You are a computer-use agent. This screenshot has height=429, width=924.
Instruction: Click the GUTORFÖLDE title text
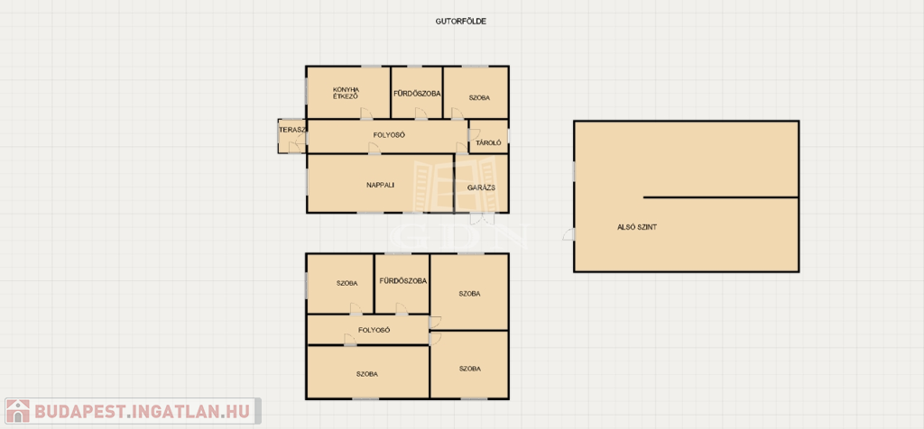click(x=460, y=22)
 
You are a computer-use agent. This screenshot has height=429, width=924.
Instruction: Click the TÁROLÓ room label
click(x=488, y=142)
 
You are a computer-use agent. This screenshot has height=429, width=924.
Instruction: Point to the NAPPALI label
click(x=380, y=185)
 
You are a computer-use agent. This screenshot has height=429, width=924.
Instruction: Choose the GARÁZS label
click(x=481, y=187)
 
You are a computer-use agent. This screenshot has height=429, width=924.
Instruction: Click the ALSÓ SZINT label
click(x=637, y=226)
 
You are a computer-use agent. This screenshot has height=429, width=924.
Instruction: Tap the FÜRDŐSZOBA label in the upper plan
click(x=417, y=93)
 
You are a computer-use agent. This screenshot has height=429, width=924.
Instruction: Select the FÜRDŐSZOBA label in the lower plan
click(x=403, y=281)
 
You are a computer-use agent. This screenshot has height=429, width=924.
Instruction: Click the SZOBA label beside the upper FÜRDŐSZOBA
click(x=480, y=97)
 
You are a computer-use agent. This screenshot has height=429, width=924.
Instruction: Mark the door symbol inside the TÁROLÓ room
click(x=474, y=133)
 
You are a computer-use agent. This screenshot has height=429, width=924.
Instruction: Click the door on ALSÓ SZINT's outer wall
click(x=569, y=234)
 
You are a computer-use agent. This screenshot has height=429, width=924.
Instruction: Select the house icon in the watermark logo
click(x=18, y=411)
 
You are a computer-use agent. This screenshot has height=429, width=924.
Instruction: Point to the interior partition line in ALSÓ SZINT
click(x=721, y=197)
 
